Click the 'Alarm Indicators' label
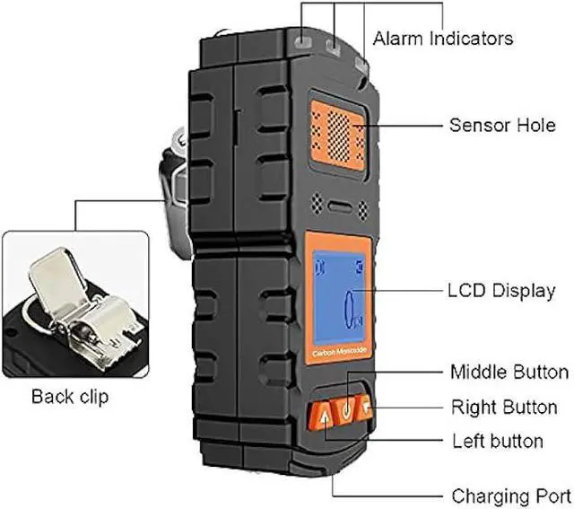point(443,39)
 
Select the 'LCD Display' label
point(500,291)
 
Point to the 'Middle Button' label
point(509,372)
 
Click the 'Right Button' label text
point(504,407)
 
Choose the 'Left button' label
point(497,441)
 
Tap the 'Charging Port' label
point(510,495)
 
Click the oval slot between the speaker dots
point(340,206)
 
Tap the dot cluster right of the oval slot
point(363,208)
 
